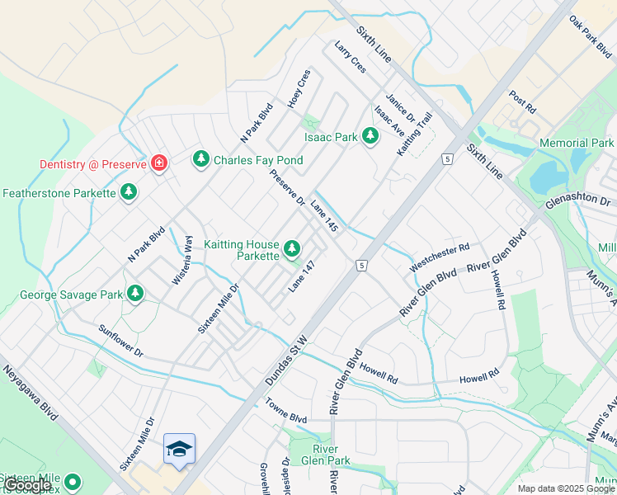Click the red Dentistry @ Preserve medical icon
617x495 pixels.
tap(159, 164)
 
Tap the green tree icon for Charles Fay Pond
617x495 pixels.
tap(200, 158)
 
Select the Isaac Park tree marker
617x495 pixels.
tap(370, 136)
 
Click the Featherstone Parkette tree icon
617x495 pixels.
tap(128, 192)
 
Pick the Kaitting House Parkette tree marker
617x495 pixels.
tap(291, 248)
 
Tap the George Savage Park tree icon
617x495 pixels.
tap(134, 293)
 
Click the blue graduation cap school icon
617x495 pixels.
tap(179, 450)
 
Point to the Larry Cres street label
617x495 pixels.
tap(350, 58)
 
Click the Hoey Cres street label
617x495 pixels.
tap(299, 89)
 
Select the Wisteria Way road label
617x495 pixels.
tap(182, 260)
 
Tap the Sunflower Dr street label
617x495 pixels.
tap(121, 342)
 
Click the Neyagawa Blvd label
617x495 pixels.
tap(29, 396)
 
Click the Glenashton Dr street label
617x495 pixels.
tap(577, 200)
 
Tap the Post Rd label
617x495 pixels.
tap(523, 102)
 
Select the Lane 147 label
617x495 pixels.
tap(302, 276)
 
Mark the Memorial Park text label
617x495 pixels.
tap(576, 143)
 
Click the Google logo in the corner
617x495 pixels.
tap(26, 485)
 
